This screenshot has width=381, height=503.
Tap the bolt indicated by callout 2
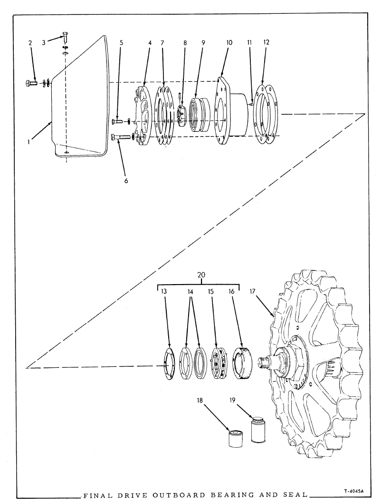31,84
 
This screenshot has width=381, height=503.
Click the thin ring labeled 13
168,365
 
